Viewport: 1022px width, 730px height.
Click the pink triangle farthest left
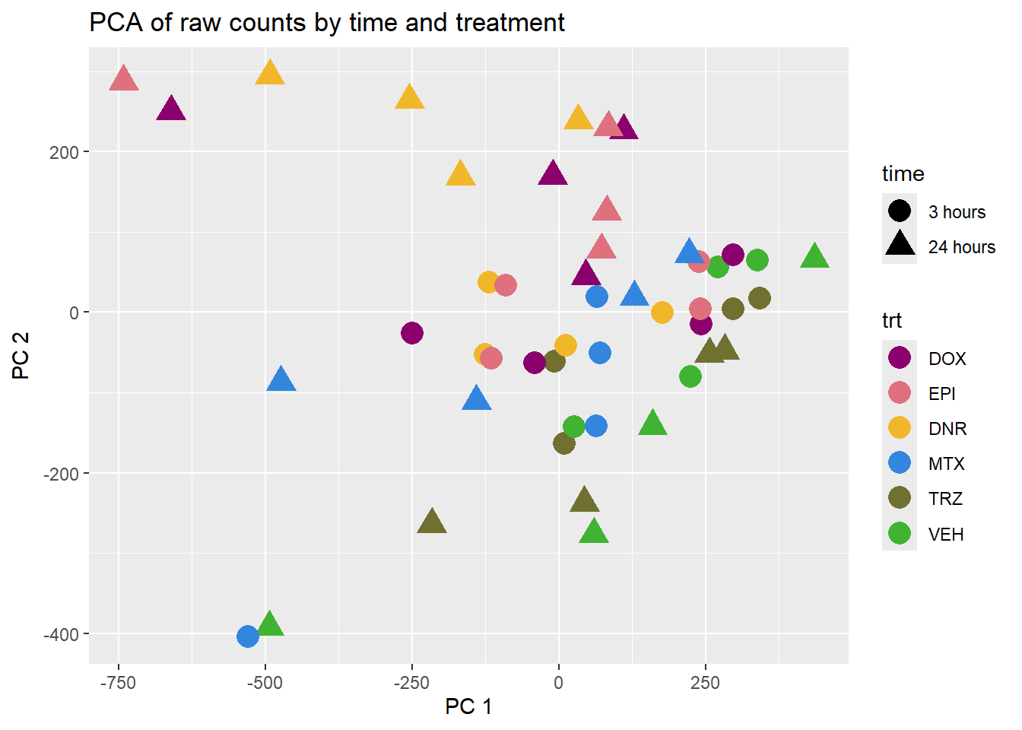124,78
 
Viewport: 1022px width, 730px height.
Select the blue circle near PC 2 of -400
248,636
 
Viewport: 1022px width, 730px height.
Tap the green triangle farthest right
814,257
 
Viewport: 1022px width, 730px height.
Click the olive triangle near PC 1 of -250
432,522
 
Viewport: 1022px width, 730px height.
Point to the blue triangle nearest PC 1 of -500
281,379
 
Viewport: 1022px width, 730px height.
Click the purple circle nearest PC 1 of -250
411,333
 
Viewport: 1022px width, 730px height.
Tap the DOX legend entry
947,358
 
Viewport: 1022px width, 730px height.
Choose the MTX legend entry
946,463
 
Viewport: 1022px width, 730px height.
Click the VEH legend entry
946,534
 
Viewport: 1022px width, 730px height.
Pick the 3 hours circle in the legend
900,211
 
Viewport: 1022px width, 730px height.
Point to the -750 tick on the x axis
118,683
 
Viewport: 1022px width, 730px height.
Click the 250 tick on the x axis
705,683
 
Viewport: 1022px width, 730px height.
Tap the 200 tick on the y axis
65,152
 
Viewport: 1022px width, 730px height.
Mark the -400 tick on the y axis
62,634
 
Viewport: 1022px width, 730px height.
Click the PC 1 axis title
468,706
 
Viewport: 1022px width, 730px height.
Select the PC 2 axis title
21,355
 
